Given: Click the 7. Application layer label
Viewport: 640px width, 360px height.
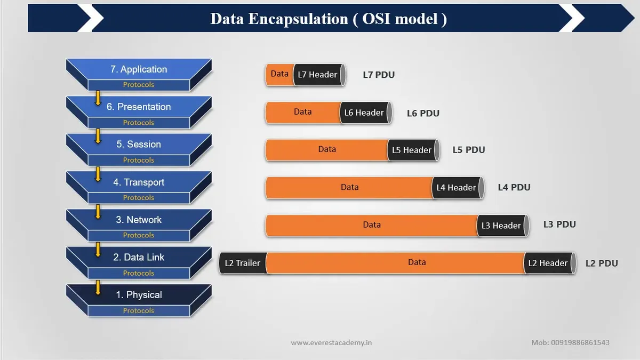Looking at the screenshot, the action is [139, 69].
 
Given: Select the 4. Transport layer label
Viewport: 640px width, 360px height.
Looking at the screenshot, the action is [139, 182].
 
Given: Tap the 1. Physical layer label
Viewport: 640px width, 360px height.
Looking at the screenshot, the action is [139, 295].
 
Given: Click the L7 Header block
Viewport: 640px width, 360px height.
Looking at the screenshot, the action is [319, 75].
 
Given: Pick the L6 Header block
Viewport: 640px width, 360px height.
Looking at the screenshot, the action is [366, 113].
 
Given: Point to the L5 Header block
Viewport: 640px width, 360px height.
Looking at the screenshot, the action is [413, 150].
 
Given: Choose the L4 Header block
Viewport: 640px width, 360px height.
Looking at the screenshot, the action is [458, 188].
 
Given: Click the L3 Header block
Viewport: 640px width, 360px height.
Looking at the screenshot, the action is [503, 226].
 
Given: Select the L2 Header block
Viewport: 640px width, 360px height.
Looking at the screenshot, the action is [550, 263].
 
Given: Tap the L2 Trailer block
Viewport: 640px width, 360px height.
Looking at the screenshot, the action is [243, 263].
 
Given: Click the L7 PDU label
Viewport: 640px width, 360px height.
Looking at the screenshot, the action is [379, 75].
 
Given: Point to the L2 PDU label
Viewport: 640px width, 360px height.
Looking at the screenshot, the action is [602, 263].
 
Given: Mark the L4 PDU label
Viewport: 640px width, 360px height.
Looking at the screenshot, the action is [514, 187].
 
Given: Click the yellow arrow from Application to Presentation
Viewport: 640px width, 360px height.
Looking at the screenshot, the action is [98, 98].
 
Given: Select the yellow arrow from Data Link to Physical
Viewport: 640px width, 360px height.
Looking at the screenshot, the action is [98, 287].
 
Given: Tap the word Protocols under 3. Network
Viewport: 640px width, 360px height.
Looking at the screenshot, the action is [139, 235].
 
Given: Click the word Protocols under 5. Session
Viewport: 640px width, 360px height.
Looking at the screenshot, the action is [139, 160].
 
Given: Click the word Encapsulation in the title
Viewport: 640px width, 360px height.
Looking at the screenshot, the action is [298, 19].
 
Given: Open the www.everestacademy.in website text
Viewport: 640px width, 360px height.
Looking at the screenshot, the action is [331, 342].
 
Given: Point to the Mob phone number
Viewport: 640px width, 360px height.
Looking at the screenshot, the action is [570, 342].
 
